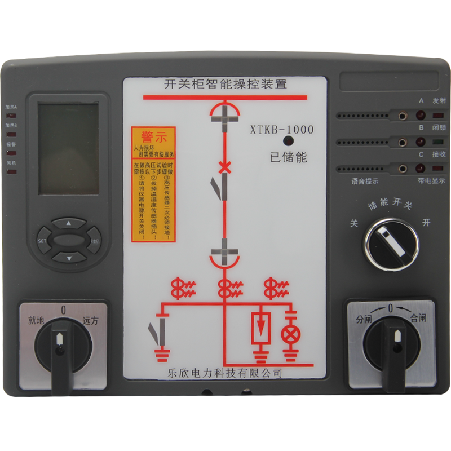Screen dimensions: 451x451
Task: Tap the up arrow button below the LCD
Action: click(x=69, y=223)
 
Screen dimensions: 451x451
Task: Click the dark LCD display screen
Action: click(x=68, y=149)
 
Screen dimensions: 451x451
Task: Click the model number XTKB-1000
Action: click(x=281, y=130)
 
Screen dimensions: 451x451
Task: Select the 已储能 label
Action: click(x=288, y=158)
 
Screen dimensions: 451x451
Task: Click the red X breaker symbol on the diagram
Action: click(x=224, y=167)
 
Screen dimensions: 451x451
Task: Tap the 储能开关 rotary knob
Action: click(x=391, y=241)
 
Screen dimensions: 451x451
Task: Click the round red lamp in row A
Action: click(x=420, y=116)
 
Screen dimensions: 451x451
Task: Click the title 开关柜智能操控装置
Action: click(x=225, y=85)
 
